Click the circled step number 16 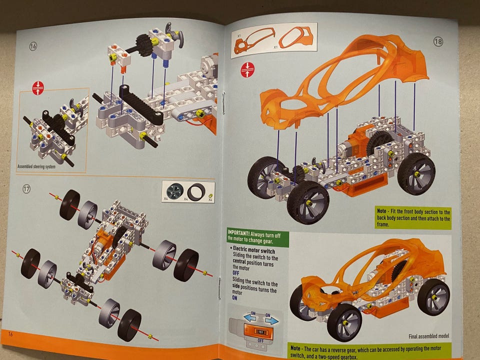coord(33,46)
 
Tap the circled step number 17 coord(27,189)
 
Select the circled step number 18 coord(438,42)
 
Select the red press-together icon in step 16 coord(38,88)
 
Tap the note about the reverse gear coord(370,350)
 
